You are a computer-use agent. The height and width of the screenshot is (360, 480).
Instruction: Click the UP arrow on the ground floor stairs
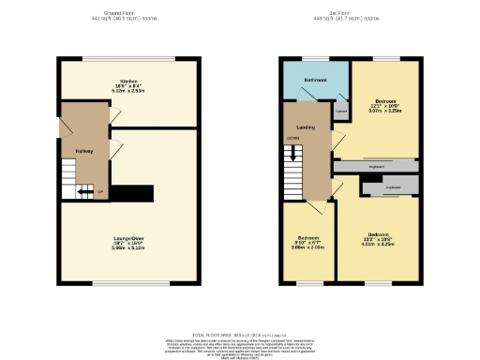[x=100, y=192]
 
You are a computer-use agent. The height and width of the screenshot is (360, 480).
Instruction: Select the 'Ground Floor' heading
[x=123, y=13]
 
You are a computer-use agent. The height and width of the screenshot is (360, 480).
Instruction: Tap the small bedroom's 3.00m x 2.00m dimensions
[x=307, y=247]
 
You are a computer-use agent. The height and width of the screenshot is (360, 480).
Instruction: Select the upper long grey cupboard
[x=377, y=167]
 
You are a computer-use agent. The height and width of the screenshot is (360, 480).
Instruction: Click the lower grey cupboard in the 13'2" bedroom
[x=390, y=188]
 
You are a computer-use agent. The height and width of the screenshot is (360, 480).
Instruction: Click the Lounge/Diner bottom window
[x=129, y=282]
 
